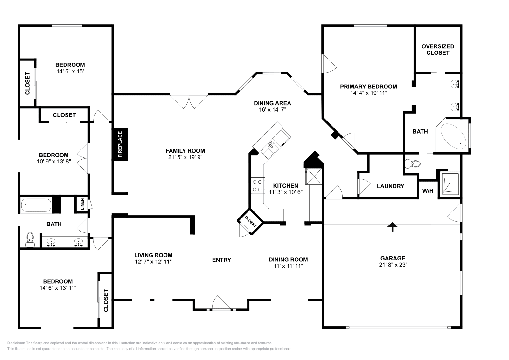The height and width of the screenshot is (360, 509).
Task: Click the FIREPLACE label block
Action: pyautogui.click(x=120, y=144)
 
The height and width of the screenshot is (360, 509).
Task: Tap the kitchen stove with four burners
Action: pyautogui.click(x=258, y=185)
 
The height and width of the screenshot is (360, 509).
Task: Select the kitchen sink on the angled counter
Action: pyautogui.click(x=270, y=149)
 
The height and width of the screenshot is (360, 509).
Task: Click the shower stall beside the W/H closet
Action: pyautogui.click(x=450, y=184)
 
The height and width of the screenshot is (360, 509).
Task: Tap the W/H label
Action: pyautogui.click(x=428, y=191)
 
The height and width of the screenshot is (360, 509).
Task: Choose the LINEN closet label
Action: pyautogui.click(x=82, y=204)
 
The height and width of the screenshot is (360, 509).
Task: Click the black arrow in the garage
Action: pyautogui.click(x=393, y=226)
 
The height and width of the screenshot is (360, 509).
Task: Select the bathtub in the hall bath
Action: pyautogui.click(x=36, y=205)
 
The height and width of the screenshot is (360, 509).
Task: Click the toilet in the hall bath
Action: pyautogui.click(x=30, y=239)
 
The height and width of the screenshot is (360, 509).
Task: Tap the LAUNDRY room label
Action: pyautogui.click(x=390, y=186)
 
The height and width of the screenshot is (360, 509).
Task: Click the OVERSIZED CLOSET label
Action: pyautogui.click(x=438, y=50)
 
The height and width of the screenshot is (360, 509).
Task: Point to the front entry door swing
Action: pyautogui.click(x=221, y=302)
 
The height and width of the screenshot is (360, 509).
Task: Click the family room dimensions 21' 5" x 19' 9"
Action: pyautogui.click(x=185, y=157)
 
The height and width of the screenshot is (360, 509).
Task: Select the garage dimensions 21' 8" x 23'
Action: pyautogui.click(x=393, y=265)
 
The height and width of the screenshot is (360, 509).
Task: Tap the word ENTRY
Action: pyautogui.click(x=221, y=260)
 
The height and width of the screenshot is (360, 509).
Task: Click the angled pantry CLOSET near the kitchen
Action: pyautogui.click(x=251, y=221)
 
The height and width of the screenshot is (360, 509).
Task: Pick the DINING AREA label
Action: pyautogui.click(x=272, y=103)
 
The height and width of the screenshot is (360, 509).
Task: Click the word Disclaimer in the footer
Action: pyautogui.click(x=16, y=343)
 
